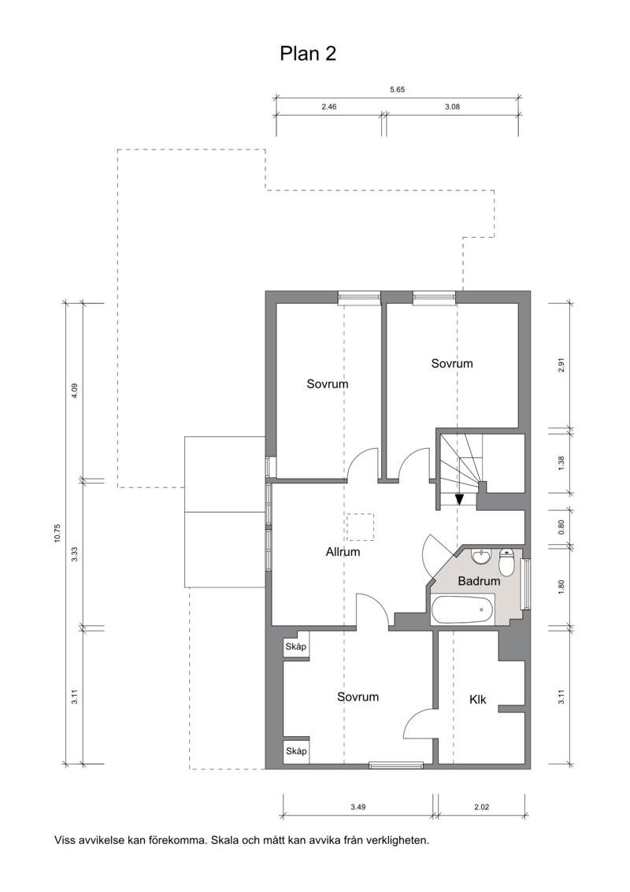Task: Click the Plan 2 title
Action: tap(308, 54)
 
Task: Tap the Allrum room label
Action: tap(343, 551)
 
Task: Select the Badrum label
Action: tap(479, 581)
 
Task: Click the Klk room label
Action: tap(478, 699)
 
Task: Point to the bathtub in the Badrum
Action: tap(462, 610)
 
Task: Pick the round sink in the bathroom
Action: tap(481, 557)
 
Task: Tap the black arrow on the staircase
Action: tap(459, 499)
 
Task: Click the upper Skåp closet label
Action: tap(296, 646)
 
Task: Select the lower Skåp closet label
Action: tap(296, 751)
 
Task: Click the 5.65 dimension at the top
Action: tap(397, 89)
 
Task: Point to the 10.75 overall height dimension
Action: tap(57, 534)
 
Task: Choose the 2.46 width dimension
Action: tap(329, 106)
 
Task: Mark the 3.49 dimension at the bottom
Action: tap(358, 807)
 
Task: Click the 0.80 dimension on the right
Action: tap(561, 528)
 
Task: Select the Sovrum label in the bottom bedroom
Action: tap(358, 697)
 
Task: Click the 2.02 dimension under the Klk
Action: tap(481, 807)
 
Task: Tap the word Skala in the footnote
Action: tap(224, 840)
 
